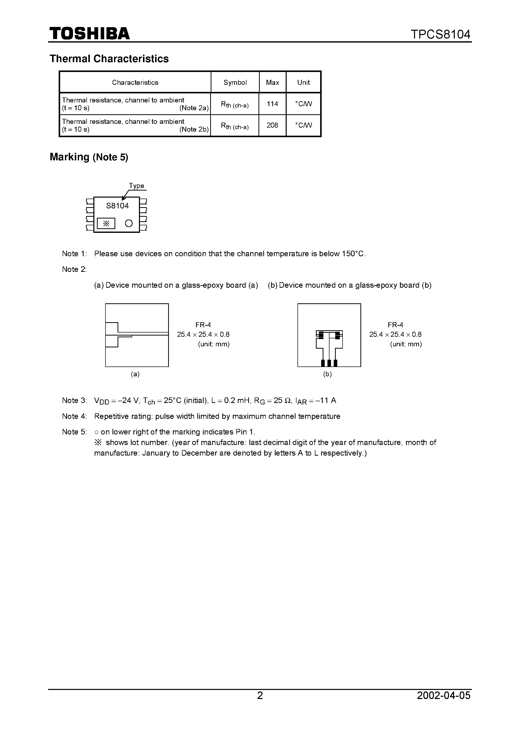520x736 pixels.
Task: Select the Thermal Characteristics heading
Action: click(x=109, y=59)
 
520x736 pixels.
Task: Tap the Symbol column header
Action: click(x=235, y=82)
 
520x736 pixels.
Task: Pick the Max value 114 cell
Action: click(x=272, y=104)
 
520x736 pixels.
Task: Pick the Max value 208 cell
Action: click(x=272, y=125)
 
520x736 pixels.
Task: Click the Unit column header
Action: click(x=303, y=82)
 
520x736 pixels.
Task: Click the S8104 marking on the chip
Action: click(x=117, y=206)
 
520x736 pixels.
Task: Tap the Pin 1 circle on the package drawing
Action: click(x=129, y=223)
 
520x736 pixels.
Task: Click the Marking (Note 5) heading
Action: click(x=89, y=157)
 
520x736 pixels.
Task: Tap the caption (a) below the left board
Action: click(x=135, y=374)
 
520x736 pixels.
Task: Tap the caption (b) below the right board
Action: click(x=327, y=374)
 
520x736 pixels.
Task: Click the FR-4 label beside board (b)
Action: click(x=395, y=325)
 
